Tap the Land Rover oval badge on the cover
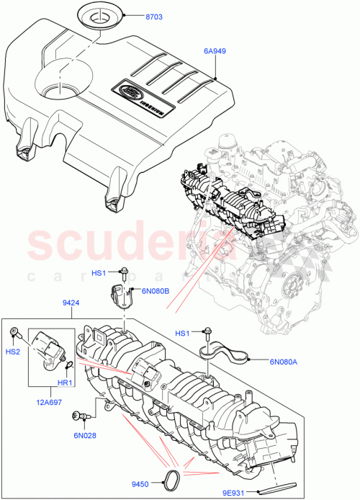[x=132, y=92]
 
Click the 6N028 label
[x=84, y=435]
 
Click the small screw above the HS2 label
[x=14, y=332]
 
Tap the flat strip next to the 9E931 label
[x=278, y=484]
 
